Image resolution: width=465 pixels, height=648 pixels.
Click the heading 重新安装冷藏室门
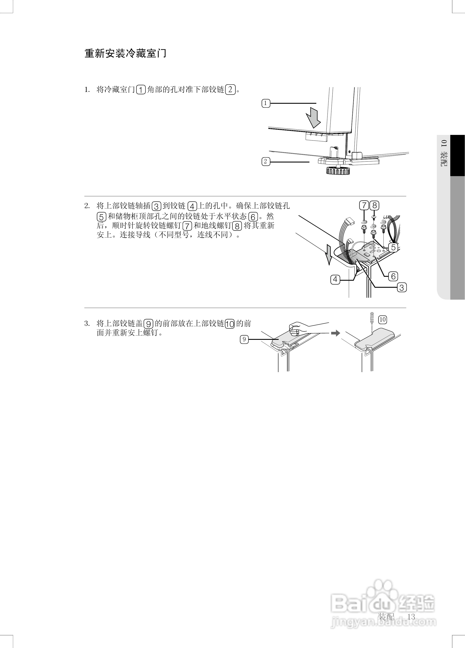pyautogui.click(x=125, y=53)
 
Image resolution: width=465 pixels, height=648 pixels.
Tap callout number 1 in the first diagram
pyautogui.click(x=266, y=103)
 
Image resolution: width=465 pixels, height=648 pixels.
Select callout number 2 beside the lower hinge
pyautogui.click(x=266, y=162)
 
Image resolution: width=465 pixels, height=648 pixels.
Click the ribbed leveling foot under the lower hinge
pyautogui.click(x=338, y=171)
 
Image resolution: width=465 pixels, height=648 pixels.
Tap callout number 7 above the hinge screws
pyautogui.click(x=364, y=206)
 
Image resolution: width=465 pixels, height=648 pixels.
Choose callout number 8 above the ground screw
pyautogui.click(x=374, y=206)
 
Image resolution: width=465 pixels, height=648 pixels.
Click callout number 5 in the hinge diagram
pyautogui.click(x=393, y=247)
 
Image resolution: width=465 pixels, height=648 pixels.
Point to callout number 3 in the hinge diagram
pyautogui.click(x=402, y=288)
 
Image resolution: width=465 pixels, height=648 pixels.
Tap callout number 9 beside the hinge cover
pyautogui.click(x=244, y=339)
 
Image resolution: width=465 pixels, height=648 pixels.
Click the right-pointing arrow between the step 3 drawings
pyautogui.click(x=336, y=333)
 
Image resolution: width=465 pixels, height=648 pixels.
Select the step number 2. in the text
pyautogui.click(x=87, y=206)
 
